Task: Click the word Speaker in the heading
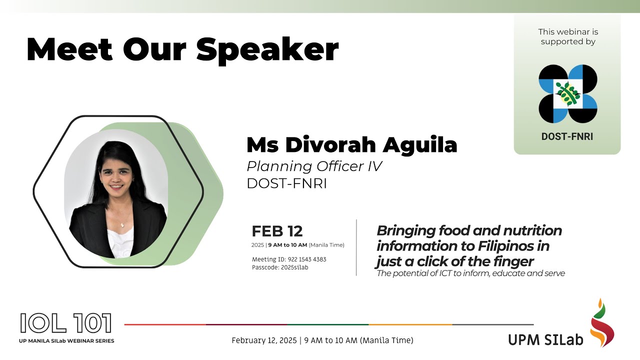pyautogui.click(x=267, y=50)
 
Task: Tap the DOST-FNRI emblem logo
pyautogui.click(x=567, y=94)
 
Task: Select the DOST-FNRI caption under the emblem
pyautogui.click(x=567, y=136)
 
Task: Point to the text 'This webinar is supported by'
pyautogui.click(x=568, y=36)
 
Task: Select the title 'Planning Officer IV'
pyautogui.click(x=314, y=166)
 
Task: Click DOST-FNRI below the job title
pyautogui.click(x=286, y=183)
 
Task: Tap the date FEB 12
pyautogui.click(x=277, y=231)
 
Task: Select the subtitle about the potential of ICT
pyautogui.click(x=470, y=273)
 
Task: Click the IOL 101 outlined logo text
pyautogui.click(x=65, y=324)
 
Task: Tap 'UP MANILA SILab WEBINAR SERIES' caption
pyautogui.click(x=67, y=341)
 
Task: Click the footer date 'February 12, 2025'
pyautogui.click(x=263, y=340)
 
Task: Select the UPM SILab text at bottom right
pyautogui.click(x=545, y=339)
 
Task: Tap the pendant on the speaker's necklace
pyautogui.click(x=122, y=225)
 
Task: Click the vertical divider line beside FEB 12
pyautogui.click(x=356, y=247)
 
